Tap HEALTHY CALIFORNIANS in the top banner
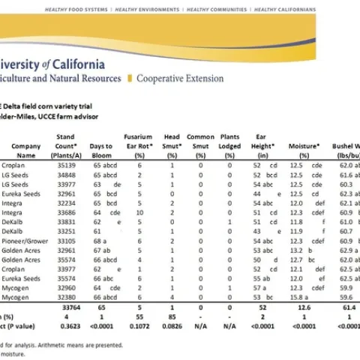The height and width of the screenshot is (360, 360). click(285, 10)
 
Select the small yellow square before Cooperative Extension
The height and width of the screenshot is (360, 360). click(131, 78)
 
